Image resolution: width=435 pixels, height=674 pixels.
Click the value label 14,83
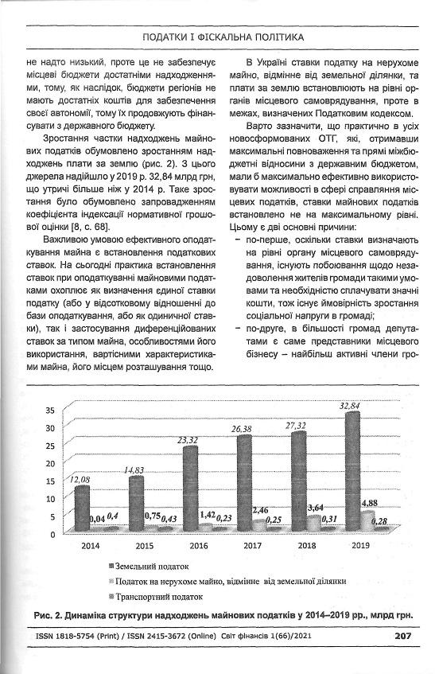(x=134, y=470)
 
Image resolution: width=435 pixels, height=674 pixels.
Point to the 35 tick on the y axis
(x=49, y=411)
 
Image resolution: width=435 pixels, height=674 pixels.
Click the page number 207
(x=402, y=636)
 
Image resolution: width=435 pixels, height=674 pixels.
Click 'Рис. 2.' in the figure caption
(x=54, y=614)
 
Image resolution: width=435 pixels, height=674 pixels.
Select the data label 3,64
(x=315, y=508)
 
